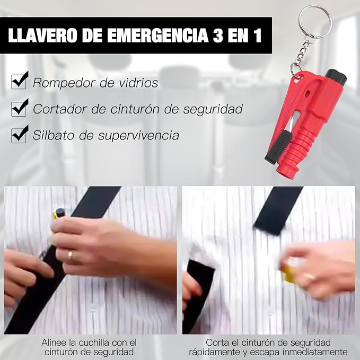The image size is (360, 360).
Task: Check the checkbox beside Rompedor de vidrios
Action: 20,82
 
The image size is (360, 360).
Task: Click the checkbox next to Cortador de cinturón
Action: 20,108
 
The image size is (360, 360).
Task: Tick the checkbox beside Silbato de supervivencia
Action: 20,134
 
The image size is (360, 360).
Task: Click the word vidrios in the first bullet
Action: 138,83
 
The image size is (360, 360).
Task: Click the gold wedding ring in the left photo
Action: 70,256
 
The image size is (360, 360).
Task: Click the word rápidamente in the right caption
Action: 218,352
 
